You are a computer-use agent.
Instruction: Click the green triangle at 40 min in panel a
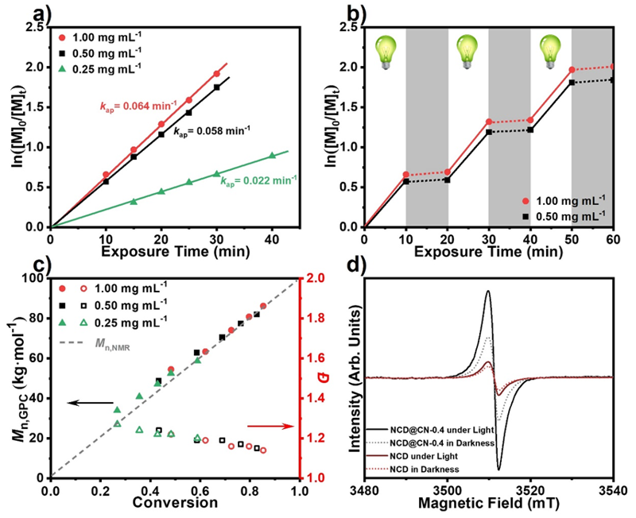(x=272, y=156)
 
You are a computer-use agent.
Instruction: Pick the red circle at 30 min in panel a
(x=216, y=74)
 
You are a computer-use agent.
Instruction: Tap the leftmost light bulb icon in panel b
(x=385, y=52)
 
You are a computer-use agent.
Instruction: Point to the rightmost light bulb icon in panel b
(x=550, y=52)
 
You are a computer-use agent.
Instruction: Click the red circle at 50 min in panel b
(x=572, y=70)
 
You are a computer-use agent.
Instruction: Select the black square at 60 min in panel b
(x=613, y=79)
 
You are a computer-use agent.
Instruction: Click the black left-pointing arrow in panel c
(x=89, y=404)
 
